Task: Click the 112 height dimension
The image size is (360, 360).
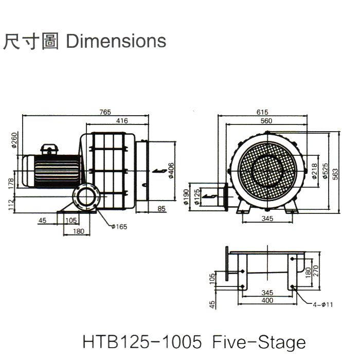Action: [x=11, y=205]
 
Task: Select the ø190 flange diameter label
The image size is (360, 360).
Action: [x=186, y=196]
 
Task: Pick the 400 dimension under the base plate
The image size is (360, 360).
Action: [x=267, y=300]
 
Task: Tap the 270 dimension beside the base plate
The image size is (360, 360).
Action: [x=316, y=271]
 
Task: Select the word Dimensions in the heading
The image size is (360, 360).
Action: [x=117, y=41]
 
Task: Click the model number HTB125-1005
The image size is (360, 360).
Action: [x=146, y=342]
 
